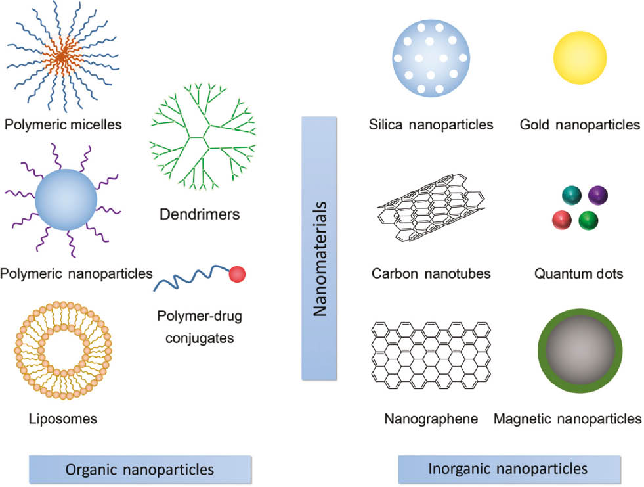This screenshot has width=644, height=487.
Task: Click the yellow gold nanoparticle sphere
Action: coord(580,58)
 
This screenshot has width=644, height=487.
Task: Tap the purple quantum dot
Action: coord(598,195)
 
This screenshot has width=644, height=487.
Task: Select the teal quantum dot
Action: coord(572,195)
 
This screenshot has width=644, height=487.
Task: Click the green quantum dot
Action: coord(589,220)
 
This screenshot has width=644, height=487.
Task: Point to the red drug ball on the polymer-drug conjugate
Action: coord(236,275)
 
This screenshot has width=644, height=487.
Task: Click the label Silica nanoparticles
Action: coord(431,124)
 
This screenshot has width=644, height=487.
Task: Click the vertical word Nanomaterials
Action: coord(320,248)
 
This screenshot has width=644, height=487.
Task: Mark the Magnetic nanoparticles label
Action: coord(568,417)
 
